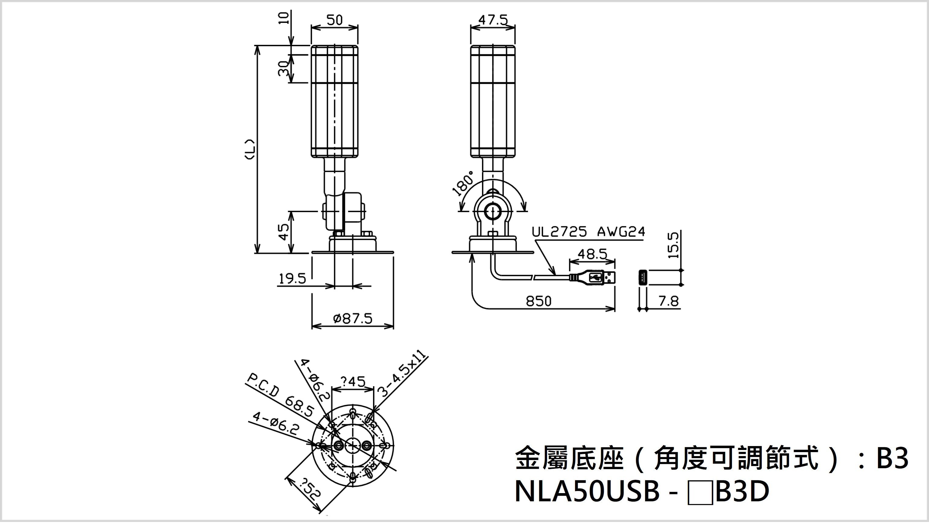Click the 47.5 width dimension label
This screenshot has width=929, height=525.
coord(493,20)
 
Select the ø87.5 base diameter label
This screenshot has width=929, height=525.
coord(353,319)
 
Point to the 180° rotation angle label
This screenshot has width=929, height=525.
coord(464,184)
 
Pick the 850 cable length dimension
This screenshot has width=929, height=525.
coord(539,301)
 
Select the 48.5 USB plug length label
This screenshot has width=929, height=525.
coord(592,254)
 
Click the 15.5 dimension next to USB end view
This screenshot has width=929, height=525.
coord(674,245)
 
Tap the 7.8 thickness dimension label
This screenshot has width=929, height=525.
coord(669,301)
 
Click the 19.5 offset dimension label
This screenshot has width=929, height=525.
coord(292,279)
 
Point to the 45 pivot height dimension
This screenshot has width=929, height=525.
coord(284,232)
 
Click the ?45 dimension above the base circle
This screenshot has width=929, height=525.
coord(352,381)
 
